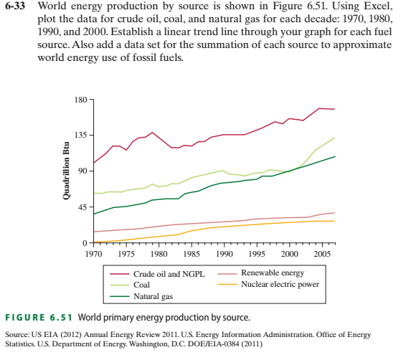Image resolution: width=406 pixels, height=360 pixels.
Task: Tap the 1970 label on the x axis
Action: (94, 255)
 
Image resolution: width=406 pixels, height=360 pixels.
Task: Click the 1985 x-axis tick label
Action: (192, 255)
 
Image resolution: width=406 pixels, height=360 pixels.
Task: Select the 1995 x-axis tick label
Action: (256, 255)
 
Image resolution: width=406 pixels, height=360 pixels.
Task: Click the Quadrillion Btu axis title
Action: (66, 172)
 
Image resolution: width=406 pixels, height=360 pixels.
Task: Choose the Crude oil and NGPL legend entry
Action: (169, 274)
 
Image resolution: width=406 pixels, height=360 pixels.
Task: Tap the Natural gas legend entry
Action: (153, 295)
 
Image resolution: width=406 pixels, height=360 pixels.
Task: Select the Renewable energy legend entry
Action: (272, 273)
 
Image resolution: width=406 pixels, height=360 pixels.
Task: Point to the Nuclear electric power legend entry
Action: (280, 284)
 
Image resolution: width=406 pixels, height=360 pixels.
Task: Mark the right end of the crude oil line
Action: (334, 109)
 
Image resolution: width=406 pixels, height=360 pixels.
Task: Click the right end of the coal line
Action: (334, 138)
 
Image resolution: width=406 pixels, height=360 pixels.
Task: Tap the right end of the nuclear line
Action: (334, 221)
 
